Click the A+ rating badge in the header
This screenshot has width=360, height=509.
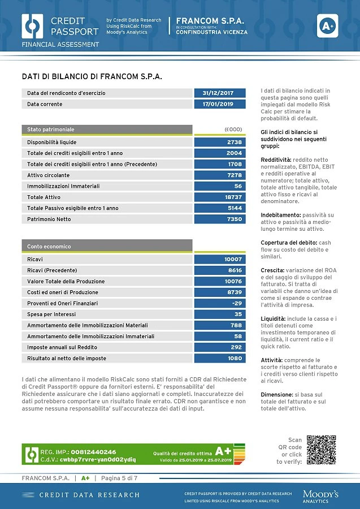327,25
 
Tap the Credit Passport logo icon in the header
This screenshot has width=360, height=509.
32,26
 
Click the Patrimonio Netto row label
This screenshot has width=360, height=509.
49,219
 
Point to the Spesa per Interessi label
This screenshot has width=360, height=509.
51,314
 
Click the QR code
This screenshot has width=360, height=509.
322,450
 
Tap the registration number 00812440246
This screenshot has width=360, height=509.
93,452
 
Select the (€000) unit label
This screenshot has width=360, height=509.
233,129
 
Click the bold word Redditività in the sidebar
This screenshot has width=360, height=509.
276,159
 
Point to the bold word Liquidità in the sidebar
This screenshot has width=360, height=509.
273,319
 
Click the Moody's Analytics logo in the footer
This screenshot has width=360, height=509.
320,497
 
